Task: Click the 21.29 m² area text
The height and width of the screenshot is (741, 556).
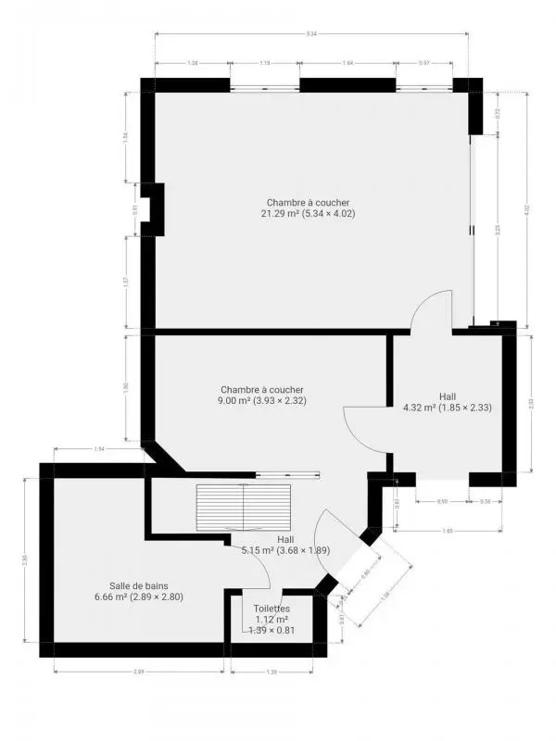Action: tap(308, 214)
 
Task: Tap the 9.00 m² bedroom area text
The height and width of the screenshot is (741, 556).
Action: tap(261, 401)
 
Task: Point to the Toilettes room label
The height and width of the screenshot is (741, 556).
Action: tap(272, 609)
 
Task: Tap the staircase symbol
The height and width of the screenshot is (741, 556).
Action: tap(243, 509)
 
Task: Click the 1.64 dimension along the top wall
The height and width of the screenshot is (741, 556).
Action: tap(347, 64)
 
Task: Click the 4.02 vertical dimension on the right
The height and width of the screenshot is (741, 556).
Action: tap(526, 209)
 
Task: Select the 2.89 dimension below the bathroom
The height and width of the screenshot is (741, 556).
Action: tap(138, 671)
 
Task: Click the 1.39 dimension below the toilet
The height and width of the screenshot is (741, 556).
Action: tap(272, 671)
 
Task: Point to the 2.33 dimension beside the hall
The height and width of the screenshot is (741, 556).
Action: tap(530, 403)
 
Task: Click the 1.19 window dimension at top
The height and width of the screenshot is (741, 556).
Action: tap(265, 64)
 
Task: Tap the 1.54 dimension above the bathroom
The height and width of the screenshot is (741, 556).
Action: tap(99, 449)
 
